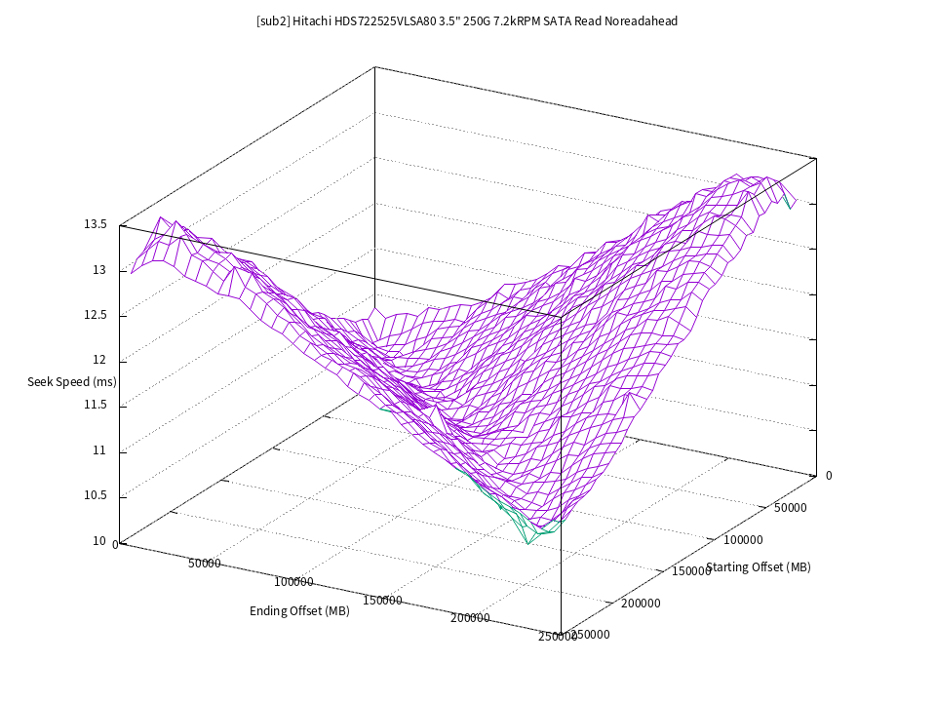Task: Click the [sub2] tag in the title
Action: point(272,20)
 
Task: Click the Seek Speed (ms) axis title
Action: point(72,382)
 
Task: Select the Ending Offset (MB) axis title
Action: point(299,611)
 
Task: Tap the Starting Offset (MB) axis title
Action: point(759,567)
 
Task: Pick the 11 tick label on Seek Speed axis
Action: point(99,451)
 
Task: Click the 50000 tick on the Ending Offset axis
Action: point(205,564)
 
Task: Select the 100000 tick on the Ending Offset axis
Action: point(293,582)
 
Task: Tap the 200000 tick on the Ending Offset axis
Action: point(471,618)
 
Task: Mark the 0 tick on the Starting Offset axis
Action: point(829,476)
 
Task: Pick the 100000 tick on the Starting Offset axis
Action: point(742,539)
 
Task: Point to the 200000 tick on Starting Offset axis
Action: point(641,603)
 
